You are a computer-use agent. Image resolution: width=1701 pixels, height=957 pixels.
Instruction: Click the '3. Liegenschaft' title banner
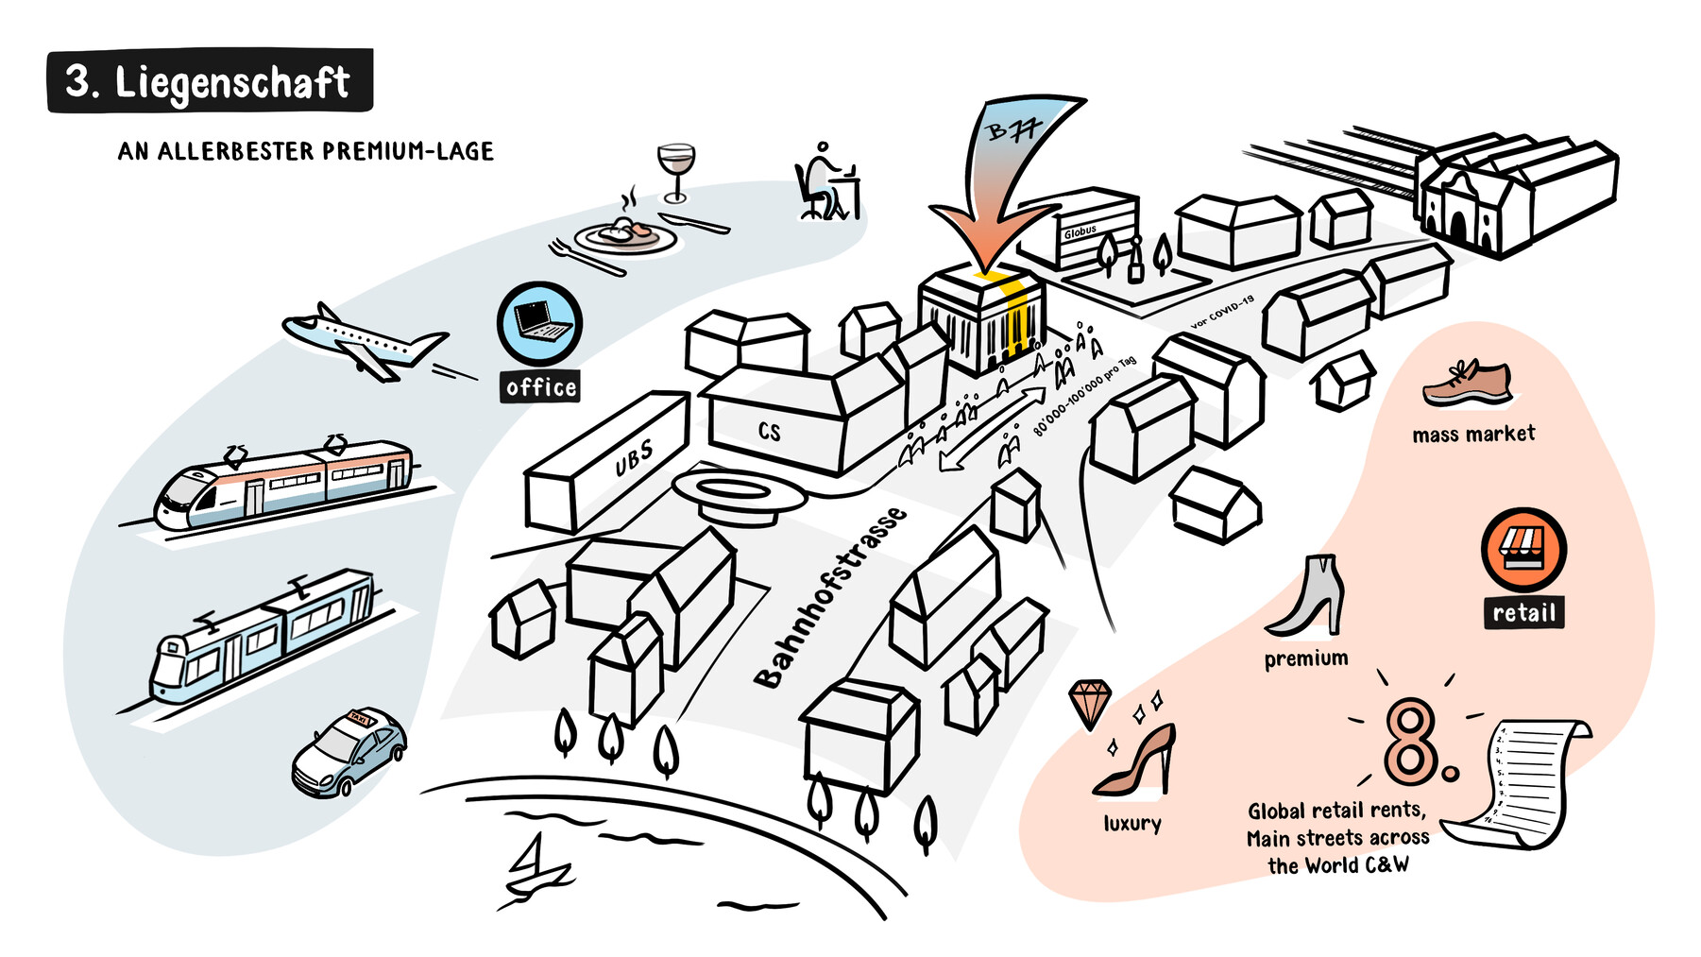[x=209, y=81]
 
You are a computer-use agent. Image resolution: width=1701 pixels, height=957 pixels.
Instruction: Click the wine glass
[x=675, y=170]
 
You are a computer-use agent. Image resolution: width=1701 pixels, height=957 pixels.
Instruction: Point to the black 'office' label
[x=541, y=387]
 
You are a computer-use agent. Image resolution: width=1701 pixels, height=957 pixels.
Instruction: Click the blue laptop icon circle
[x=539, y=323]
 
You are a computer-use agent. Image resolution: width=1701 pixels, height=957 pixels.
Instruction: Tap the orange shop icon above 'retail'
[x=1523, y=550]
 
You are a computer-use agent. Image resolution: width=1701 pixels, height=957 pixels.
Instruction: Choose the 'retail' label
[x=1523, y=613]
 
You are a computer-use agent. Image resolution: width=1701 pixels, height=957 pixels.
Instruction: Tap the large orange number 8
[x=1411, y=743]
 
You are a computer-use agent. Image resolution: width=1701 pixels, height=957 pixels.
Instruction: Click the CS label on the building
[x=770, y=432]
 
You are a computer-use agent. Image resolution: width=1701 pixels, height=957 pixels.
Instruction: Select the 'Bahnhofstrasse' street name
[x=830, y=598]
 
